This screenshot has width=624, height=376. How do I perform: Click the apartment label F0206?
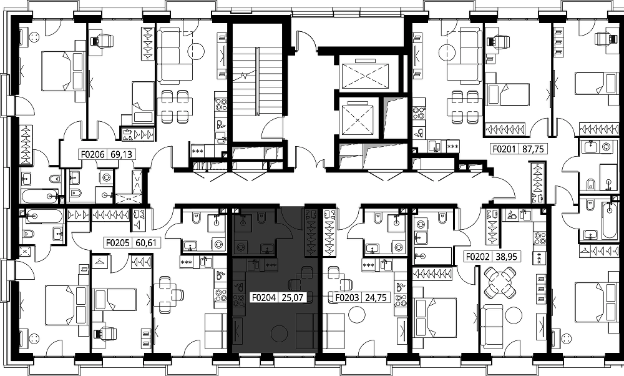click(93, 154)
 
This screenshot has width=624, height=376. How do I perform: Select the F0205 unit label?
click(117, 242)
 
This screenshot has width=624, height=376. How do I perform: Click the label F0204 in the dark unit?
click(264, 297)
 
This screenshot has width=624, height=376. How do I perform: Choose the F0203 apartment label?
click(347, 297)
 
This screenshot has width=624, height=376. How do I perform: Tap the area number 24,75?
click(375, 297)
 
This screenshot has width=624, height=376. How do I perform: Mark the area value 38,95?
click(506, 257)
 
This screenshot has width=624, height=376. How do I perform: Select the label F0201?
click(504, 149)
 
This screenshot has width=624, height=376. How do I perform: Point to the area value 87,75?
click(532, 149)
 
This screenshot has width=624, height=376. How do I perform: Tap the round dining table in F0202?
click(500, 282)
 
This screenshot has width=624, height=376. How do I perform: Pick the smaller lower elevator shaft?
click(358, 117)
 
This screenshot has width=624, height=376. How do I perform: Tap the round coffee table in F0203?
click(356, 314)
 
